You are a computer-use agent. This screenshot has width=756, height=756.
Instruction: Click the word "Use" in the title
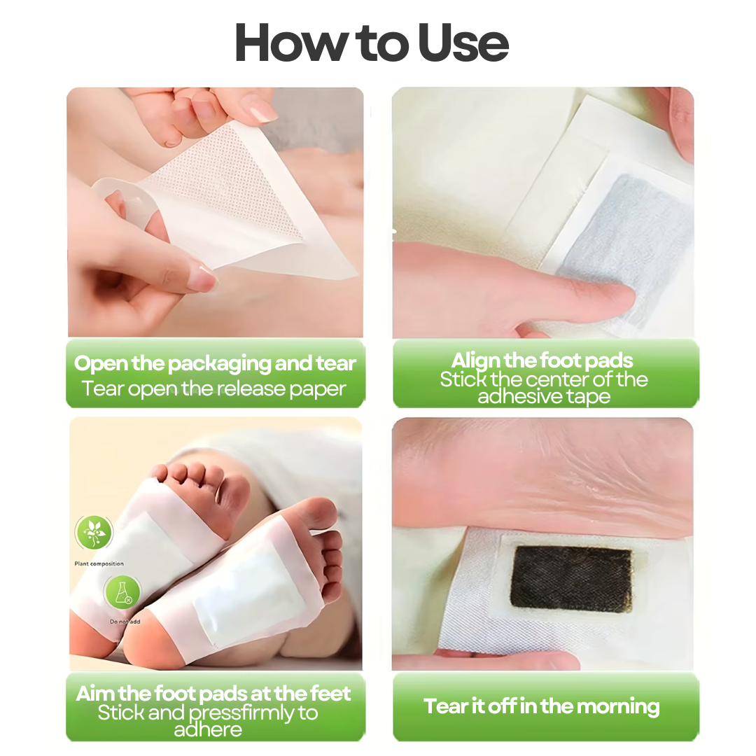click(463, 43)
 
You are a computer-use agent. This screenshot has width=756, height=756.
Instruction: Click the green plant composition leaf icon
click(94, 532)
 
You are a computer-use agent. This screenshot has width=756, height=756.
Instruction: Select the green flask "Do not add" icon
click(122, 593)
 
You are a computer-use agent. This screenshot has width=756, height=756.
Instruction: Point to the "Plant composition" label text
click(99, 563)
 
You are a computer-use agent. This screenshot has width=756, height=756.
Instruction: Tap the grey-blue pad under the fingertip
click(626, 251)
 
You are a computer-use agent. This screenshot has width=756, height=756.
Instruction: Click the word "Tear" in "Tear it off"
click(446, 706)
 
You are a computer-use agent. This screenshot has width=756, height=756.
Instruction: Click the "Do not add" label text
click(125, 622)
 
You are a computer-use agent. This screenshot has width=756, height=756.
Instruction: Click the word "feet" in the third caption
click(330, 694)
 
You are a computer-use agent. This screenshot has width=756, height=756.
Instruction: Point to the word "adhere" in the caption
click(208, 730)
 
